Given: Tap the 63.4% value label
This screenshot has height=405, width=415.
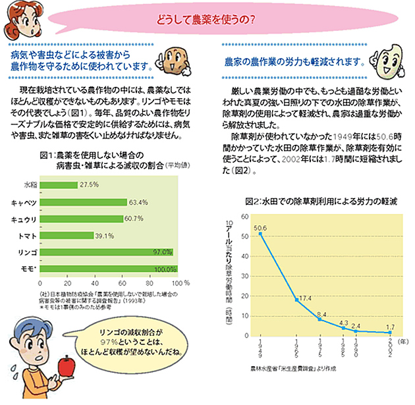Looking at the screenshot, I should [x=138, y=202].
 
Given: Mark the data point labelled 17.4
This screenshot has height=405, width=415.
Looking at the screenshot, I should [x=296, y=300].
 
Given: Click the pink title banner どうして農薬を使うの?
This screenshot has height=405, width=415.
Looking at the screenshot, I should [x=207, y=18].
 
